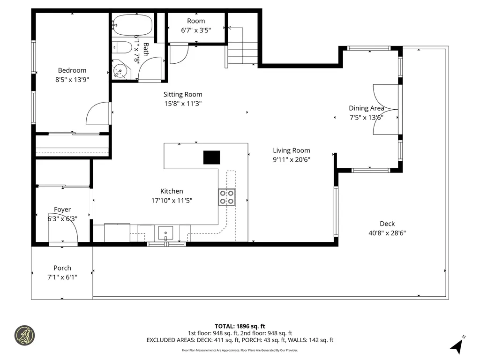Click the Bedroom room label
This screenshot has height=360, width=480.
(72, 70)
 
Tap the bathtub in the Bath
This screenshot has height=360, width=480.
(133, 25)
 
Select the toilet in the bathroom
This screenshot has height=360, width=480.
(123, 48)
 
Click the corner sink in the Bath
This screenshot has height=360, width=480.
(120, 72)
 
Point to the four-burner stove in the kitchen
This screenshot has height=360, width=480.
(226, 197)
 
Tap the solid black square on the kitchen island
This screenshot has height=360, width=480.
(211, 157)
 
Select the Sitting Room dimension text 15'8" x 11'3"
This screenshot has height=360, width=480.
(182, 104)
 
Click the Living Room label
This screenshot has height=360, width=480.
(292, 150)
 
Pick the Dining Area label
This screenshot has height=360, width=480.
(366, 108)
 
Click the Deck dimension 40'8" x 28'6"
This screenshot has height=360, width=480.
(387, 232)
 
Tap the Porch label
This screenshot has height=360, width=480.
(62, 268)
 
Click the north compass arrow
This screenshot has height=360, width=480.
(457, 345)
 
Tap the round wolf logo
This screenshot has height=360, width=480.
(25, 336)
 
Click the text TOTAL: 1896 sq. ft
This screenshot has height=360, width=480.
(240, 326)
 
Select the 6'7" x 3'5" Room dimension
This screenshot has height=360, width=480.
(196, 30)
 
